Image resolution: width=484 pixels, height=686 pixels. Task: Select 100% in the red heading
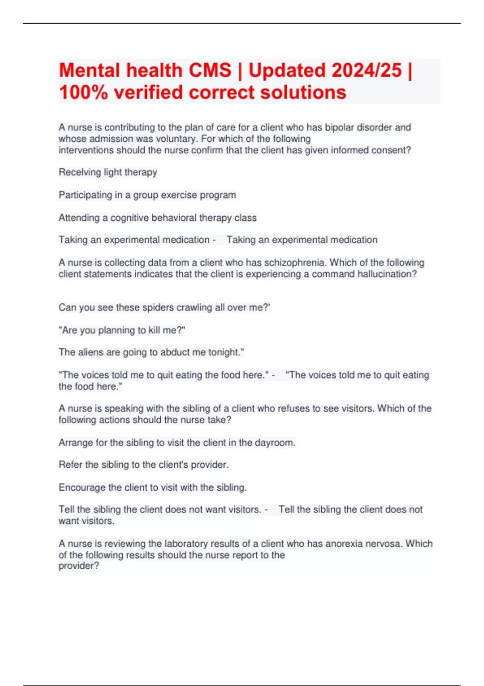point(83,92)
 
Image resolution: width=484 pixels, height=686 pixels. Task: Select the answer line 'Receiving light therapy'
point(108,172)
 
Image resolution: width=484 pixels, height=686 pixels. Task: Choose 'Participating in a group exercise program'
point(147,195)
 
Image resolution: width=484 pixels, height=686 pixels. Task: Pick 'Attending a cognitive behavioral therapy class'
point(157,218)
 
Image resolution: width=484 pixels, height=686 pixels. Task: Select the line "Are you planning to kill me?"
point(122,330)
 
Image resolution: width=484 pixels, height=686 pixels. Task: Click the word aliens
point(91,352)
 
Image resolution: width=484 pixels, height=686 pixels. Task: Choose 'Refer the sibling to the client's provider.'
point(144,465)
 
